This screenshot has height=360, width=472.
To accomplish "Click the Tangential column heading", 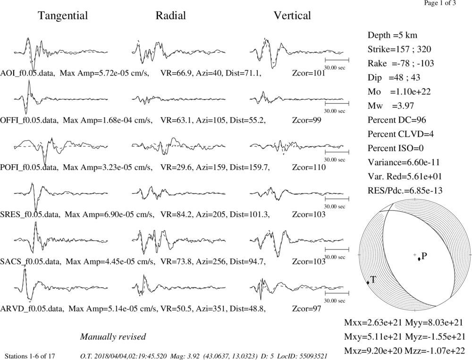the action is (x=63, y=16).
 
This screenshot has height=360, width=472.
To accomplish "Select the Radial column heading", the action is (x=171, y=16).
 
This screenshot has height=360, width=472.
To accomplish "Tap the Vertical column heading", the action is (x=292, y=16).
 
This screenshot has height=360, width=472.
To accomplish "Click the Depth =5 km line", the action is (x=392, y=35).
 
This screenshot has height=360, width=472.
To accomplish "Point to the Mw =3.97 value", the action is (x=391, y=106).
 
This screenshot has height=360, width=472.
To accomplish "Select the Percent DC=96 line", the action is (x=397, y=120).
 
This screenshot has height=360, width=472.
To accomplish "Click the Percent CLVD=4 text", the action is (x=401, y=134).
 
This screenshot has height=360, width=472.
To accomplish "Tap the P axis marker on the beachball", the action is (x=419, y=259).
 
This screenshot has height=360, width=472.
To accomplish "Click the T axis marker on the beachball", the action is (x=368, y=283).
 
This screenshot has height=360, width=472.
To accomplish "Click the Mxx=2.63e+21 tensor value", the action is (x=373, y=322).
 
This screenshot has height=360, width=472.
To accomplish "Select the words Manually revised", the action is (x=113, y=336).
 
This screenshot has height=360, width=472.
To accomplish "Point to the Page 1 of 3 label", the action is (x=440, y=3).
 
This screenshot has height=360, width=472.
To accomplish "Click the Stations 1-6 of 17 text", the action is (x=30, y=356).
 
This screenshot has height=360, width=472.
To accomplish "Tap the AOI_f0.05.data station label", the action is (x=28, y=73).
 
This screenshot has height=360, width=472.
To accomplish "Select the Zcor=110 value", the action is (x=309, y=167).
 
